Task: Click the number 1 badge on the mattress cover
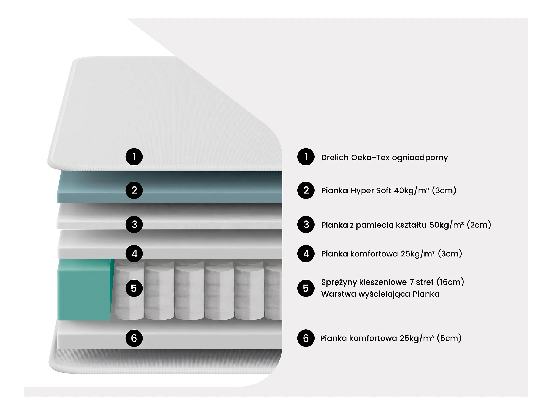coord(134,157)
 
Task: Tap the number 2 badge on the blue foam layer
coord(134,190)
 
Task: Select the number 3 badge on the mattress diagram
coord(134,224)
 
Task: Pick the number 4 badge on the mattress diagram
coord(134,253)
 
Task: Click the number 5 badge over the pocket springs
coord(134,288)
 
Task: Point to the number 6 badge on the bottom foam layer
coord(134,338)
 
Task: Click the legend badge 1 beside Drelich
coord(306,157)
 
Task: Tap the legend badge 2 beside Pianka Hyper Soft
coord(306,190)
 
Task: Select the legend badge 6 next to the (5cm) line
coord(306,338)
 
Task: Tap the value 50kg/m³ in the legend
coord(446,225)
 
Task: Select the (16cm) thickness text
coord(450,282)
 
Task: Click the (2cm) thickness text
coord(479,225)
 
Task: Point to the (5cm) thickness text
coord(449,338)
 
